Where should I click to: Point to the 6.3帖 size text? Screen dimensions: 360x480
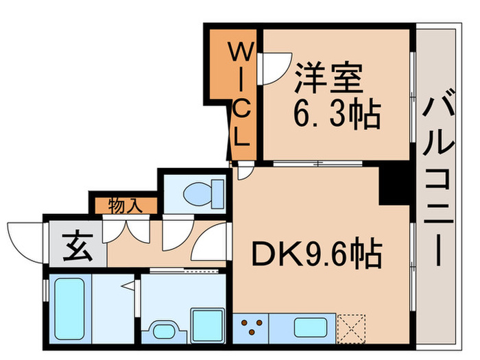point(337,115)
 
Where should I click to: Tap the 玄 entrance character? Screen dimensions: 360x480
point(74,243)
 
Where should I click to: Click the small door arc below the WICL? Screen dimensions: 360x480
point(244,171)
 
